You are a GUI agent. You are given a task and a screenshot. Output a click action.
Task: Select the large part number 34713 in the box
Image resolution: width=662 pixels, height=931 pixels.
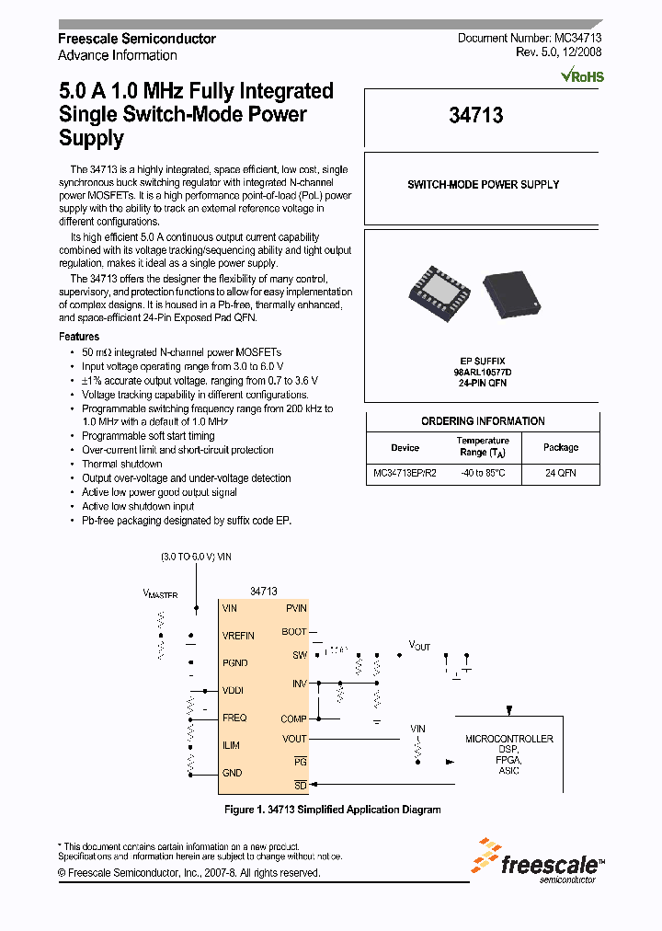(x=476, y=116)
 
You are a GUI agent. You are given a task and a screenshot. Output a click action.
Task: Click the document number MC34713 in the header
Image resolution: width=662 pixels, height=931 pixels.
(x=576, y=39)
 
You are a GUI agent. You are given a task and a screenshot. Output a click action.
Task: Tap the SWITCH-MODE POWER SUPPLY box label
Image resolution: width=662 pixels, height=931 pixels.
(x=483, y=185)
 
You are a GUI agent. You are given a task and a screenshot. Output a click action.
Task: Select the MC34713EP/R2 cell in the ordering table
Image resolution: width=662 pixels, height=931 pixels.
(x=405, y=473)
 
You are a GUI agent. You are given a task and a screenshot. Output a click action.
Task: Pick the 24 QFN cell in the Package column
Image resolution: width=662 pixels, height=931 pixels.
(x=560, y=473)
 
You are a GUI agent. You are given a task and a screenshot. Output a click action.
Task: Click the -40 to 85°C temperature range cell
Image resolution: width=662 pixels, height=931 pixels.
(x=483, y=473)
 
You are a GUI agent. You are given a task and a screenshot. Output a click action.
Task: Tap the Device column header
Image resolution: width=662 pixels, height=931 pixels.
(x=405, y=448)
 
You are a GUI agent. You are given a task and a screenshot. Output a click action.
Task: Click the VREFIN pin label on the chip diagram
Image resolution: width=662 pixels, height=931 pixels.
(x=238, y=636)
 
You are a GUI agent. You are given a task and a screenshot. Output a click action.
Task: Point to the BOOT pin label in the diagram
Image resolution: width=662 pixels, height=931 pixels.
(x=294, y=632)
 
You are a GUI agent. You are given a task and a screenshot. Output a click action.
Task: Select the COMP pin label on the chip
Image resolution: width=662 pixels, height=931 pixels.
(x=293, y=719)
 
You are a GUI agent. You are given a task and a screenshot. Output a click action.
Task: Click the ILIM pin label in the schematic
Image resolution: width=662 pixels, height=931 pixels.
(x=231, y=746)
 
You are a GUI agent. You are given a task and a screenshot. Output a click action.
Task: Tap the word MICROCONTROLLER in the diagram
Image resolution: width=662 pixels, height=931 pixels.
(x=509, y=739)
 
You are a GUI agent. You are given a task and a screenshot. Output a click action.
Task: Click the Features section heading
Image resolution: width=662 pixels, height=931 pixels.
(x=79, y=338)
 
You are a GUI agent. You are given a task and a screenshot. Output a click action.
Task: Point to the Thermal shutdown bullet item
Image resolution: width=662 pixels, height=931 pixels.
(x=121, y=465)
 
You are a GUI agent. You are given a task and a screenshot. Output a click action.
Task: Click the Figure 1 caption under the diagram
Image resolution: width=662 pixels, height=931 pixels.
(x=333, y=810)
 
